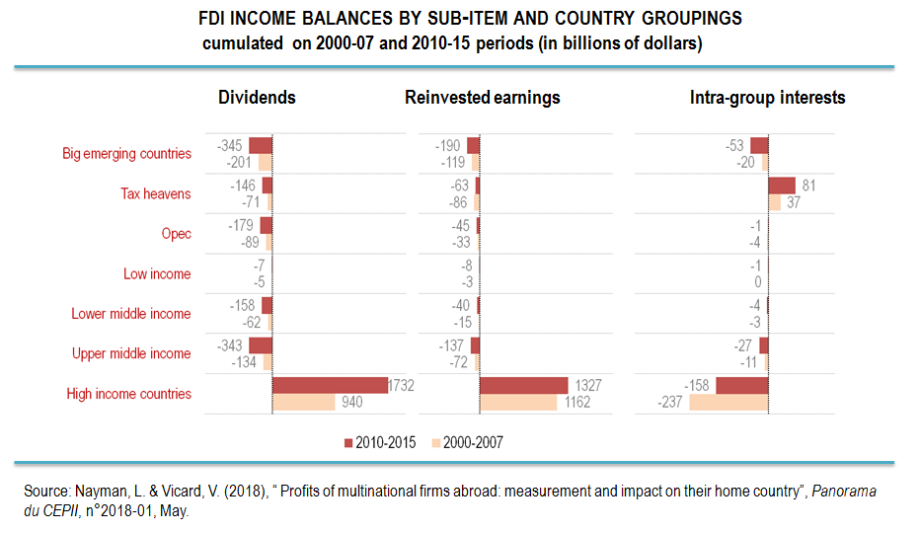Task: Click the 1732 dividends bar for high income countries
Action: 330,385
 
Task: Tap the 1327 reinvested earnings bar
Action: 523,385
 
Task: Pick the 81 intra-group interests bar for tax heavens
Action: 782,186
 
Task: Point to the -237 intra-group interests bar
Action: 728,402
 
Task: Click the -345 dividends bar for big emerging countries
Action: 260,145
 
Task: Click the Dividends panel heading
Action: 257,98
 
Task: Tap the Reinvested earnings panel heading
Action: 482,98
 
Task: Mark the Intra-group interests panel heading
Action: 767,98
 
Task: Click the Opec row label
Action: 176,234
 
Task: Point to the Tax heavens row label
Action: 156,193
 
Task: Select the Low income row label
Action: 157,273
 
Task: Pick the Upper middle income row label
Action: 131,353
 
